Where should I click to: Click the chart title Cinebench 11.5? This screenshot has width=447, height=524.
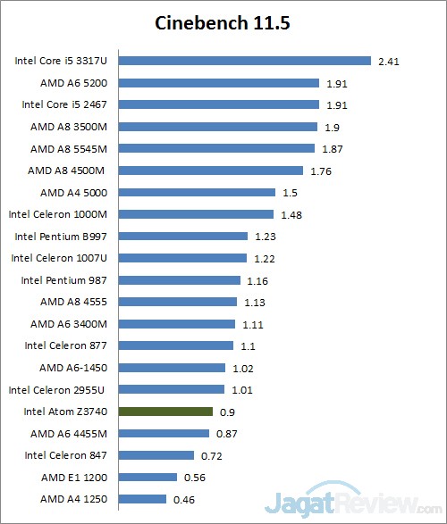[x=223, y=22]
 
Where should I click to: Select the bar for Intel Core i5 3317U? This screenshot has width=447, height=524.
[x=244, y=62]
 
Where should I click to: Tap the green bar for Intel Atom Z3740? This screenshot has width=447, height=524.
[x=165, y=412]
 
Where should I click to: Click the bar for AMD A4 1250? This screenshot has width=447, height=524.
[x=142, y=499]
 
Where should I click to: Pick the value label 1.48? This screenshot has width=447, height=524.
[x=291, y=214]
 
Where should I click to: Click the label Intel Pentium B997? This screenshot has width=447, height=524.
[x=63, y=237]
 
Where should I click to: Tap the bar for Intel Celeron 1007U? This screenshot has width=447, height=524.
[x=182, y=258]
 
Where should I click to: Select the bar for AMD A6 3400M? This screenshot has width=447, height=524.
[x=176, y=324]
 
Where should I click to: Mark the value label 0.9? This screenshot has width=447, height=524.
[x=226, y=412]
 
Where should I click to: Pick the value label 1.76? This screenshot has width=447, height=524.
[x=320, y=171]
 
